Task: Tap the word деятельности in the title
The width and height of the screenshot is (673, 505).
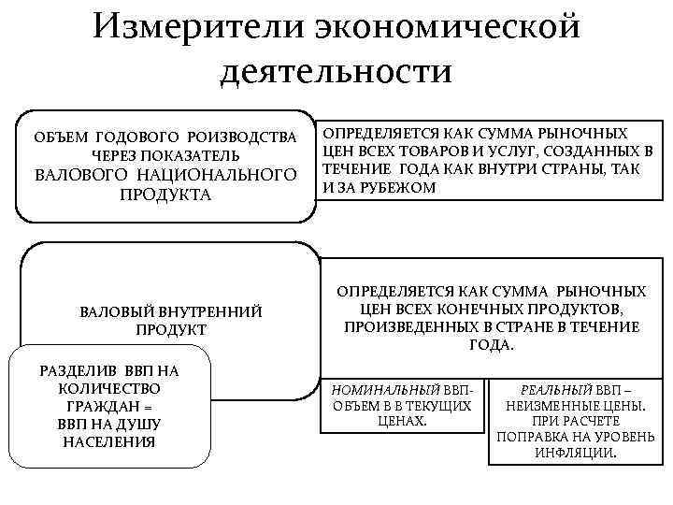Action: click(336, 72)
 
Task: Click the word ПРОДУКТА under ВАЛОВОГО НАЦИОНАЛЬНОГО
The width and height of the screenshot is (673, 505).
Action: click(165, 195)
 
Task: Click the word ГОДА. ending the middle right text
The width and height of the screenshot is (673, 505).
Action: click(492, 345)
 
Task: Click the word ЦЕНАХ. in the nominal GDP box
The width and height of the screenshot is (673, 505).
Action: click(401, 421)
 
